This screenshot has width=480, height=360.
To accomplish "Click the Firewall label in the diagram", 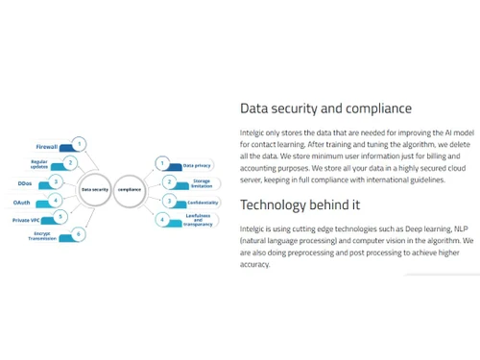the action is pyautogui.click(x=47, y=147).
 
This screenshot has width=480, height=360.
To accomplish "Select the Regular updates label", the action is pyautogui.click(x=39, y=164).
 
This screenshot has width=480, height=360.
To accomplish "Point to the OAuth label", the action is pyautogui.click(x=22, y=203).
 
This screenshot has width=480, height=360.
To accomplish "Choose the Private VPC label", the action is pyautogui.click(x=27, y=220).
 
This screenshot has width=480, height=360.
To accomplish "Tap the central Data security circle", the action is pyautogui.click(x=95, y=190).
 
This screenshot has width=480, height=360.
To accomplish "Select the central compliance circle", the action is pyautogui.click(x=131, y=190).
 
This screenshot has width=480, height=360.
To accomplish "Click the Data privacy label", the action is pyautogui.click(x=197, y=165).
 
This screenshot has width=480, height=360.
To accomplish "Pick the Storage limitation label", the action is pyautogui.click(x=202, y=182).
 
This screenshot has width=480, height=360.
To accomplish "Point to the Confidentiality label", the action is pyautogui.click(x=203, y=202).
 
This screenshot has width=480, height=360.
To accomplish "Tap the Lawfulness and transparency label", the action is pyautogui.click(x=200, y=221).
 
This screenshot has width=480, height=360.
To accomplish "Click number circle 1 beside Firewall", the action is pyautogui.click(x=80, y=144).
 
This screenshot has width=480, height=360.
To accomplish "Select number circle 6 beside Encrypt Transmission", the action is pyautogui.click(x=79, y=234).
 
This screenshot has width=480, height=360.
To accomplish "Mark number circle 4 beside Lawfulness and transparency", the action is pyautogui.click(x=163, y=220).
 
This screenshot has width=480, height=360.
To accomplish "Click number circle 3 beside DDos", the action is pyautogui.click(x=57, y=181).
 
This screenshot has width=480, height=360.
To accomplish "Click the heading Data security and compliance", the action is pyautogui.click(x=325, y=108).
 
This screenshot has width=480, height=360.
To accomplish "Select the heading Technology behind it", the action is pyautogui.click(x=300, y=204).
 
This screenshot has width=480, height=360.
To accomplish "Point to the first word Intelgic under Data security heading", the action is pyautogui.click(x=253, y=132).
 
